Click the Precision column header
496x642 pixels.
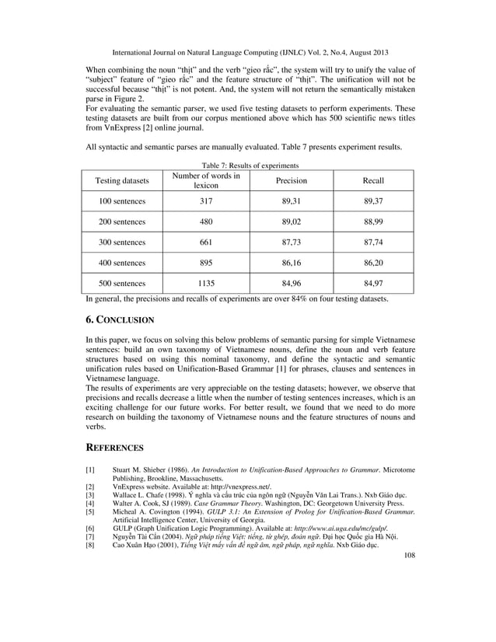click(x=292, y=180)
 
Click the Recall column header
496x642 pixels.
click(x=373, y=180)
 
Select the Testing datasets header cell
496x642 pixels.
click(x=121, y=180)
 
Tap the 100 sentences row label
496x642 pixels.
click(x=121, y=201)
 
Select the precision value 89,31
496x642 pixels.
click(x=292, y=201)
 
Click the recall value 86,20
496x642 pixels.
click(x=373, y=263)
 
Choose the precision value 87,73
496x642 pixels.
click(x=292, y=242)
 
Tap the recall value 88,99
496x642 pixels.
click(x=373, y=222)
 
